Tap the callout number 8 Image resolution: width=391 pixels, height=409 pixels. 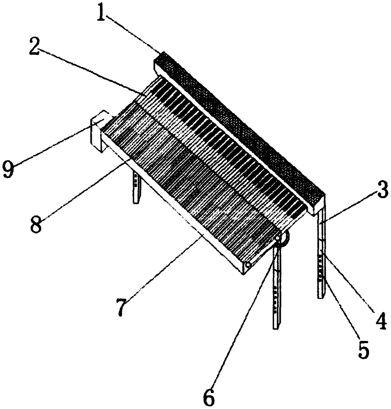tap(36, 224)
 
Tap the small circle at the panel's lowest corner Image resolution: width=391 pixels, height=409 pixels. tap(248, 265)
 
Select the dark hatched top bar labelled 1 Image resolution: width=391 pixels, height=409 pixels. tap(237, 127)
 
